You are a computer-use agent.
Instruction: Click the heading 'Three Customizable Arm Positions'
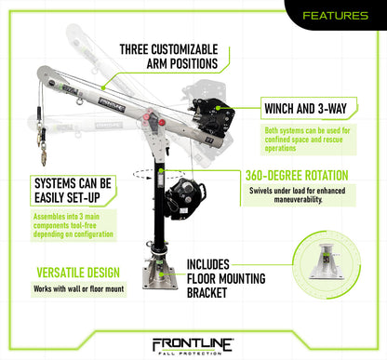coord(168,55)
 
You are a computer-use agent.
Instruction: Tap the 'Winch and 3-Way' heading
coord(305,109)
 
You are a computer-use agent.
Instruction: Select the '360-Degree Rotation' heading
coord(297,175)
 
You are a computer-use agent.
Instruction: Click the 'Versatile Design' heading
coord(64,273)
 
